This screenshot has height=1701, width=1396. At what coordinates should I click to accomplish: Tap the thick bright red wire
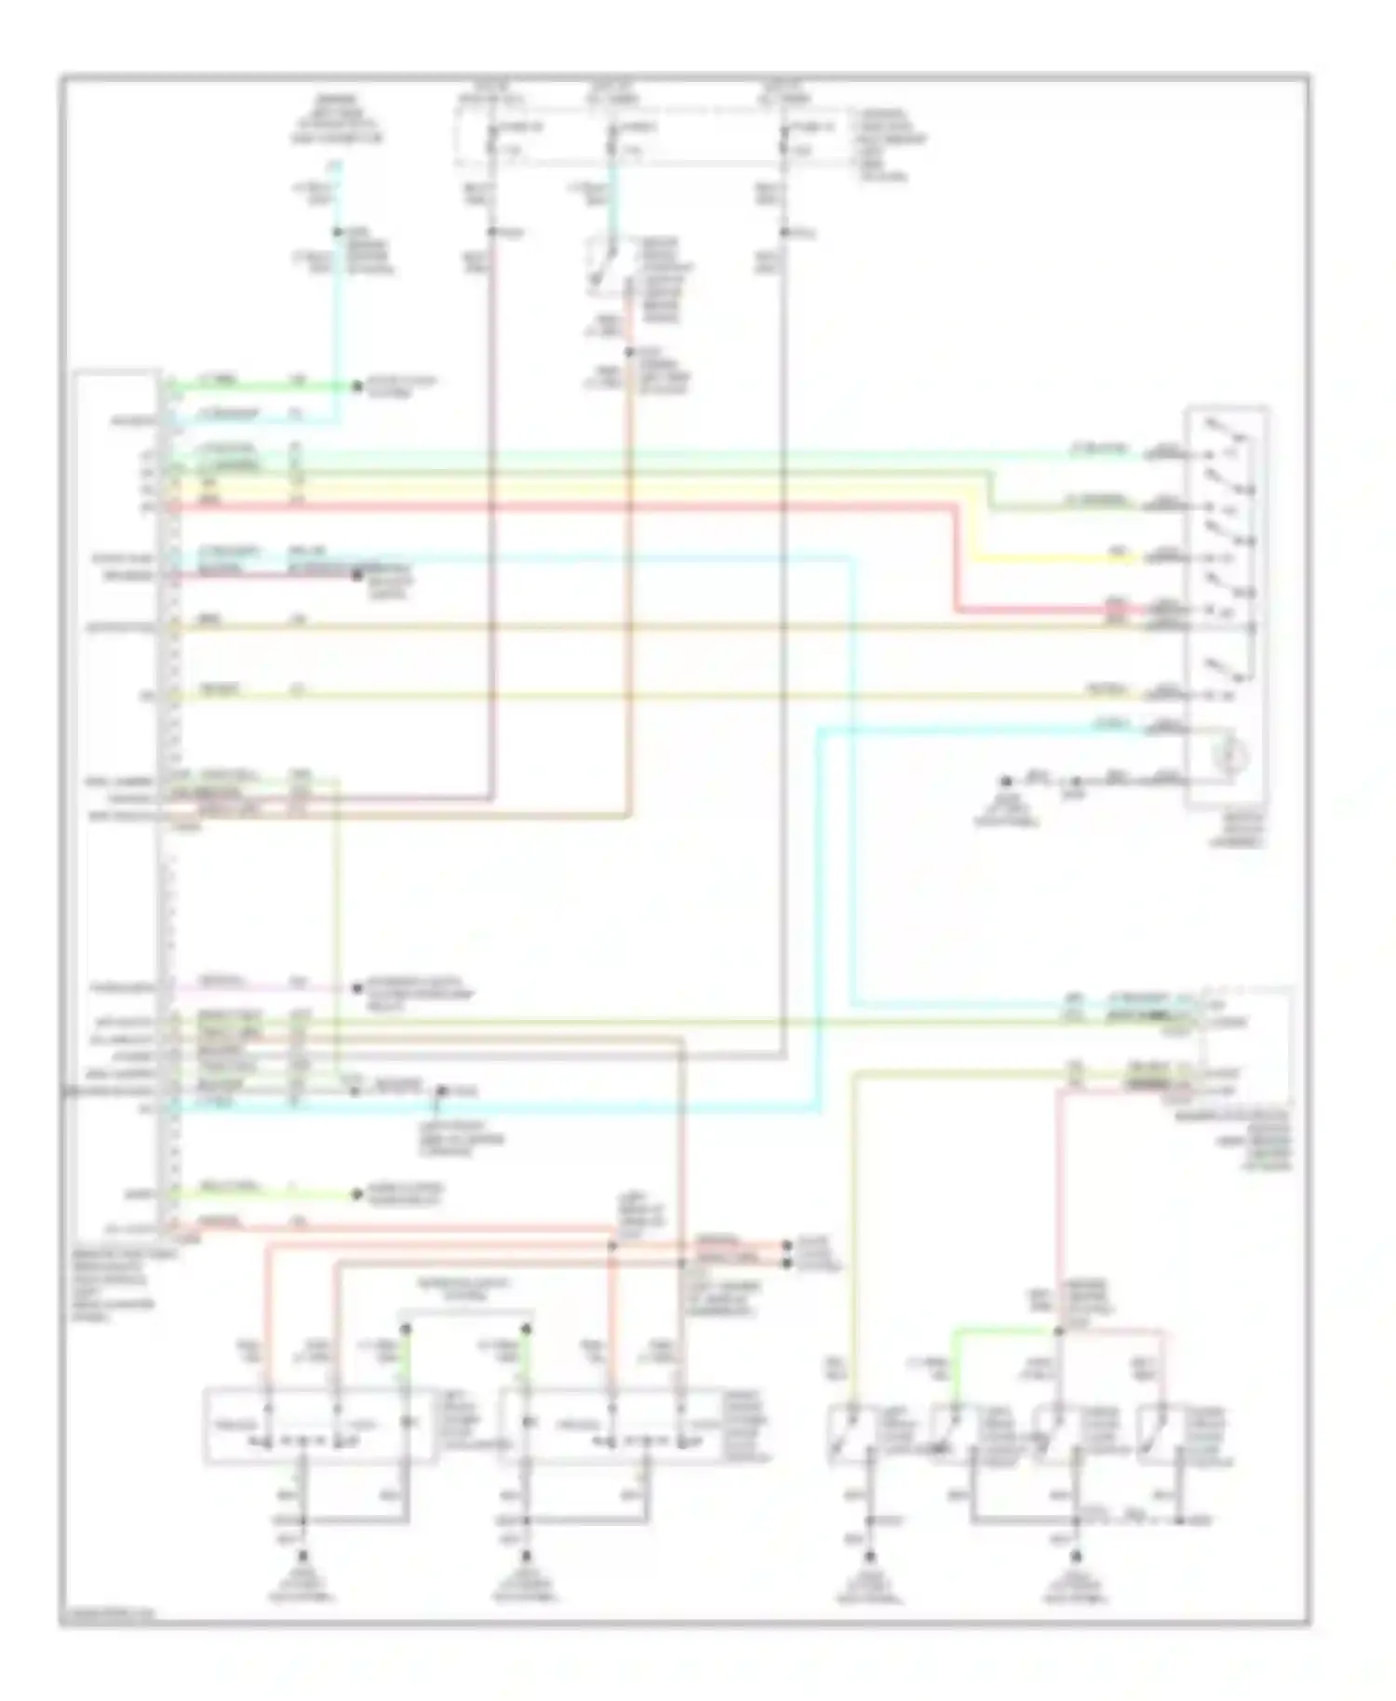point(558,507)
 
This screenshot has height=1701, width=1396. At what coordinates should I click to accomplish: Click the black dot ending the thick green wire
point(356,386)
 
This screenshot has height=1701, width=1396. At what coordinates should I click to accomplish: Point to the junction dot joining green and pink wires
point(1058,1332)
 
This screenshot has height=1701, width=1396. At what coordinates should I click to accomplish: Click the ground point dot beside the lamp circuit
point(1006,782)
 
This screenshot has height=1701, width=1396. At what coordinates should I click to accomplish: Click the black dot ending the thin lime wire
point(356,1194)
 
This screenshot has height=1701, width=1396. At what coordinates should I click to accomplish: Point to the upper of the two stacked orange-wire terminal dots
point(787,1244)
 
